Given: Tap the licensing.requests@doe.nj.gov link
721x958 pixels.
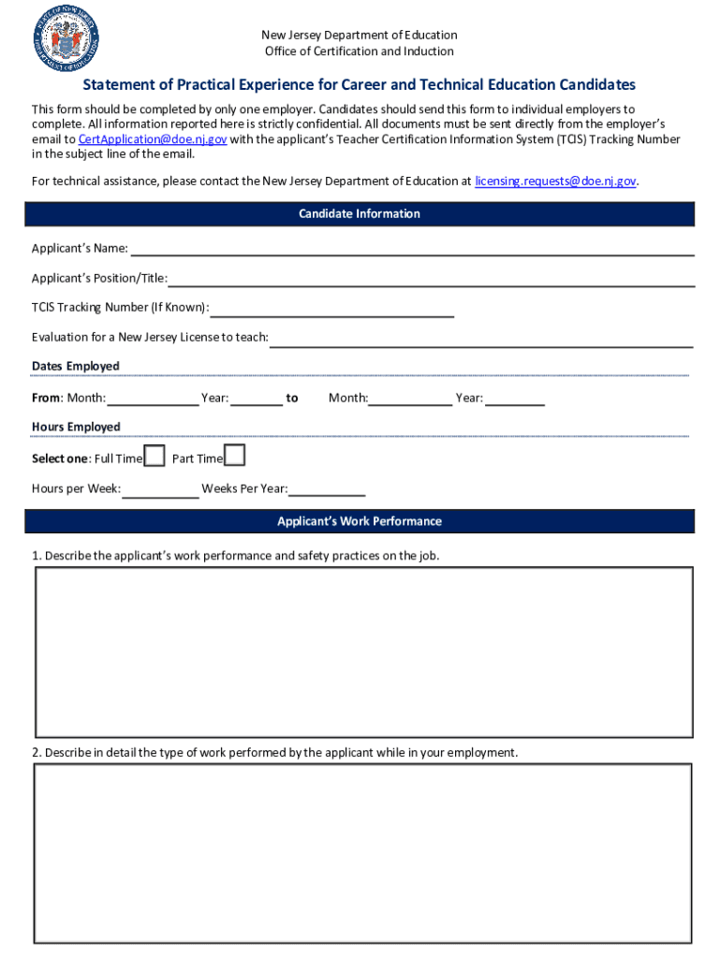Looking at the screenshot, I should tap(555, 181).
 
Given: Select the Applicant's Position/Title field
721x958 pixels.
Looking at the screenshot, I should tap(431, 278).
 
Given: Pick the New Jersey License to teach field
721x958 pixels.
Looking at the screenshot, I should tap(481, 338).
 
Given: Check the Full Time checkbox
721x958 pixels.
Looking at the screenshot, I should tap(154, 457).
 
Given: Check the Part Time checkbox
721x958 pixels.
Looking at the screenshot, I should tap(235, 456).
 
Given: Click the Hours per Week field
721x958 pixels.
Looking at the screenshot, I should tap(160, 489).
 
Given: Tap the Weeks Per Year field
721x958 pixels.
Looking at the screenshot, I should tap(327, 489).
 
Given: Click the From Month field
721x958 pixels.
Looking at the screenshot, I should tap(153, 399).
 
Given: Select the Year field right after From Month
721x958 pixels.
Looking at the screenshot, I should tap(257, 399).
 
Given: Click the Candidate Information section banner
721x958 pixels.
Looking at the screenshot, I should tap(360, 214).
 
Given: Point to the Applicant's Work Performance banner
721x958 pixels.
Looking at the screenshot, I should tap(360, 521).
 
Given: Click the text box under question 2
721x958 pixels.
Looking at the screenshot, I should tap(363, 852).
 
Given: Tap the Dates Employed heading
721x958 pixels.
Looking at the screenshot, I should tap(76, 366).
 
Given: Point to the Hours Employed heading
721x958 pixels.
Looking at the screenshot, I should tap(76, 427).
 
